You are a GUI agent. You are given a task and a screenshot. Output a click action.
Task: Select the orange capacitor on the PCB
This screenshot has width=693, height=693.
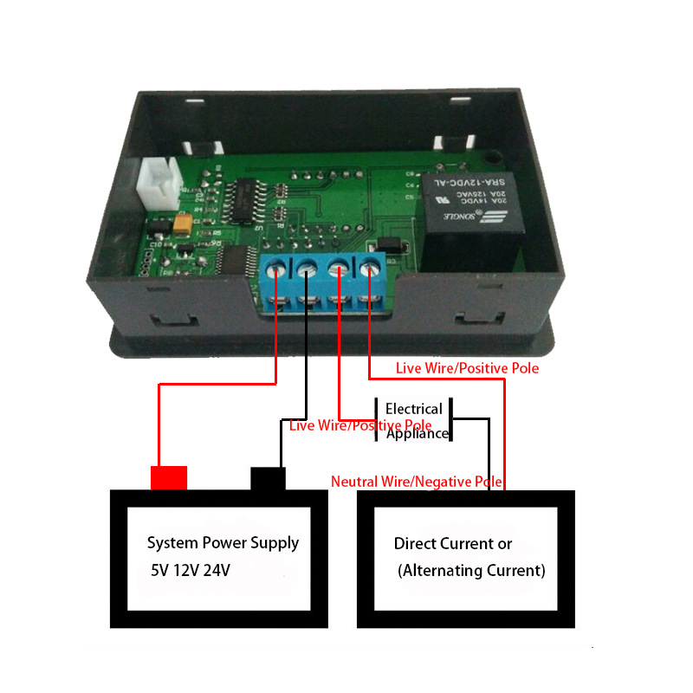pyautogui.click(x=183, y=224)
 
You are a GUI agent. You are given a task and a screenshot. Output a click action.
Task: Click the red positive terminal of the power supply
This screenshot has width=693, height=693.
pyautogui.click(x=169, y=477)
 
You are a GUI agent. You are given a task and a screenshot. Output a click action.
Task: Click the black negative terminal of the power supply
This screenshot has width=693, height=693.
pyautogui.click(x=268, y=478)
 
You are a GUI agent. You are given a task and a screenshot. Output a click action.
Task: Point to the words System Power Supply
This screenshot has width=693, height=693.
pyautogui.click(x=223, y=543)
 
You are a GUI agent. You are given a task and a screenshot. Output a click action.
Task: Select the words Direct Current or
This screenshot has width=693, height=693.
pyautogui.click(x=453, y=544)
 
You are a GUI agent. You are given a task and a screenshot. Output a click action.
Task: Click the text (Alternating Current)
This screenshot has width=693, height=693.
pyautogui.click(x=471, y=571)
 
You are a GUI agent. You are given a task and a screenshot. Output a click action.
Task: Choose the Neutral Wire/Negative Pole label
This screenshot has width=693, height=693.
pyautogui.click(x=417, y=481)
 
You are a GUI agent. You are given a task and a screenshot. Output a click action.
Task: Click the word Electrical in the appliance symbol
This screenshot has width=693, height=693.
pyautogui.click(x=413, y=408)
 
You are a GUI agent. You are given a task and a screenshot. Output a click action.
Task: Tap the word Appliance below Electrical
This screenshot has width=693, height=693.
pyautogui.click(x=418, y=434)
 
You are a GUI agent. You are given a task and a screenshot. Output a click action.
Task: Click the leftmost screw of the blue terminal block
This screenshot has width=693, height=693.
pyautogui.click(x=278, y=270)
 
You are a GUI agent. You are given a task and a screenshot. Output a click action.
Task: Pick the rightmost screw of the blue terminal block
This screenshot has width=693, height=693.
pyautogui.click(x=372, y=268)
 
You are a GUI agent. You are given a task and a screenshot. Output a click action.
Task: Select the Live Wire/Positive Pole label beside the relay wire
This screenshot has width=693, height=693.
pyautogui.click(x=467, y=368)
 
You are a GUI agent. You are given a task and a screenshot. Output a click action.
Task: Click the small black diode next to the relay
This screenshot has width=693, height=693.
pyautogui.click(x=388, y=243)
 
